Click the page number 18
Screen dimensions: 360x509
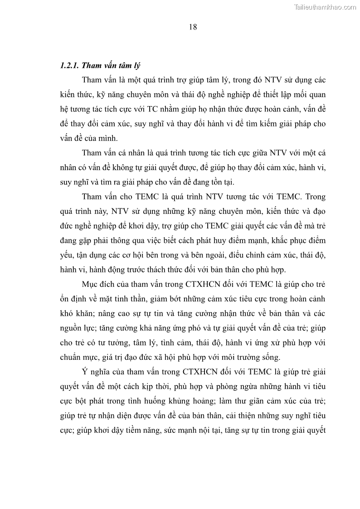pyautogui.click(x=193, y=27)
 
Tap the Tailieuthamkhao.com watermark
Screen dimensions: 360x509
pyautogui.click(x=326, y=7)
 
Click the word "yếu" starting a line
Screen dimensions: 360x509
pyautogui.click(x=66, y=255)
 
